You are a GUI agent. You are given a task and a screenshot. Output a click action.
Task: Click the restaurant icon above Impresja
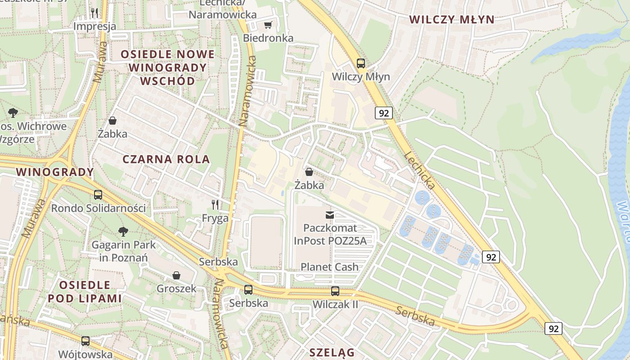tap(94, 13)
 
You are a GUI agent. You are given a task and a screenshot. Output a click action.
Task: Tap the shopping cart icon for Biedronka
tap(268, 25)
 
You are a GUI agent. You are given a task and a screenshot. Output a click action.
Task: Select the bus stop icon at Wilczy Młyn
tap(360, 63)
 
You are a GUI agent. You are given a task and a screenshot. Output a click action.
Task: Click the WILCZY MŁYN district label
tap(452, 19)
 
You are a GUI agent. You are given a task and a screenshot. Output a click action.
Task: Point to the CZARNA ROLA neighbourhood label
tap(166, 159)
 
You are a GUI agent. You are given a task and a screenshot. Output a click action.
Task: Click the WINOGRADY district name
tap(55, 172)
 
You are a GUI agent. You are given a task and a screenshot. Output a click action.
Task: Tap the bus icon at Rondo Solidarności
tap(98, 195)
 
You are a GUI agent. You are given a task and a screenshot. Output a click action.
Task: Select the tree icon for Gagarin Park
tap(123, 232)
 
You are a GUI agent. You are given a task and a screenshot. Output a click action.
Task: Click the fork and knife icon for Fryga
tap(215, 205)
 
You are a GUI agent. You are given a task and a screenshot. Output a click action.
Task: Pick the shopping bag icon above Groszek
tap(176, 275)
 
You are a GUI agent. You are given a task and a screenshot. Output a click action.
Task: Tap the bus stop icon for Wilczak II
tap(335, 291)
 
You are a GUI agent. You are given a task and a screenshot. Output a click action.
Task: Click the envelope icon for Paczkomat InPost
tap(330, 215)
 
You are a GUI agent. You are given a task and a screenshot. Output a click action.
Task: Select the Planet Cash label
tap(329, 267)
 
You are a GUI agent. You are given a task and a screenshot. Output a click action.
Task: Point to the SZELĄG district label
tap(332, 352)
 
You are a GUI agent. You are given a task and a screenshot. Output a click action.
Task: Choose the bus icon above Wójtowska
tap(85, 341)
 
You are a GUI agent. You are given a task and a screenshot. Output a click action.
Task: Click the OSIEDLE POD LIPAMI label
tap(85, 292)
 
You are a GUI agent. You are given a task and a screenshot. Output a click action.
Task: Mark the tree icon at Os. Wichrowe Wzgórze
tap(13, 112)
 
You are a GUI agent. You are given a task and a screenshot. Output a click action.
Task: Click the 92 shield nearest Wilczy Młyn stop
tap(383, 113)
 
